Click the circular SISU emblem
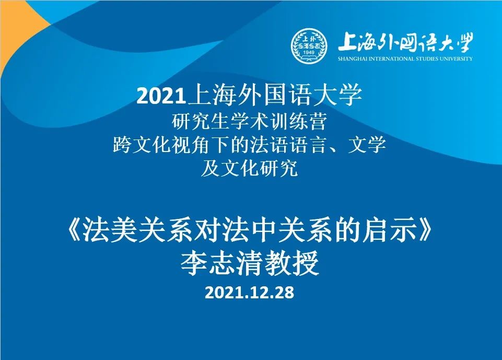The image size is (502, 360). pos(309,46)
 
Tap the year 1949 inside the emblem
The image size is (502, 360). pos(309,52)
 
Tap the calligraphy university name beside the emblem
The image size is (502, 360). pos(405,42)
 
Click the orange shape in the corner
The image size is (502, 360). pos(19,35)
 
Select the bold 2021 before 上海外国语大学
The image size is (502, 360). pos(161,96)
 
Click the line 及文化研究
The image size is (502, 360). pos(249,168)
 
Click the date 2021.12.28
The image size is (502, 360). pos(249,293)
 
